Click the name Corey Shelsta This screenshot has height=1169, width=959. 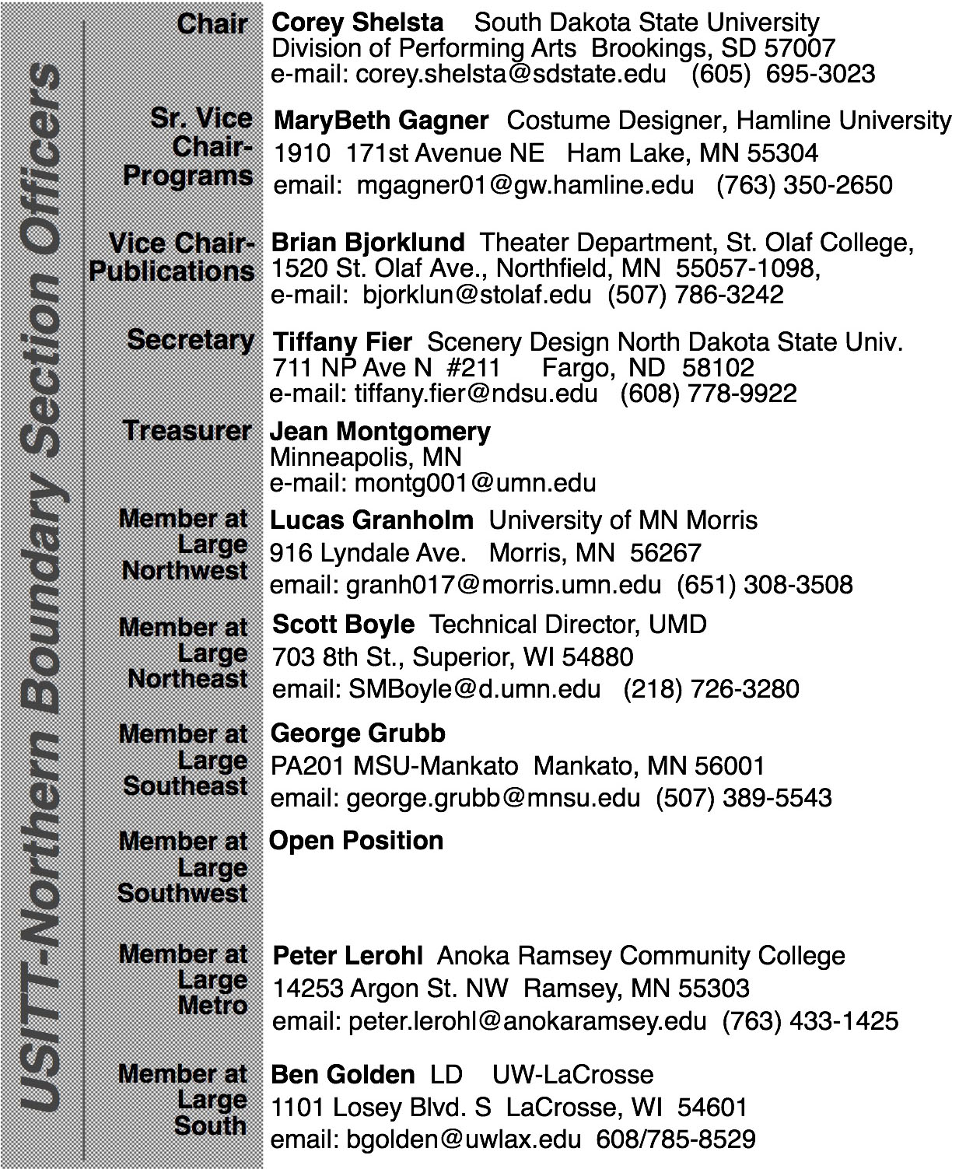358,23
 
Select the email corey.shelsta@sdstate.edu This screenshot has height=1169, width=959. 510,74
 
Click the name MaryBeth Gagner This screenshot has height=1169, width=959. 381,121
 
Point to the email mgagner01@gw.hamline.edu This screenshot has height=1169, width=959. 525,185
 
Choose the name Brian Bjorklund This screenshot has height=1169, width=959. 368,243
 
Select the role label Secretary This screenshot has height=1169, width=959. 191,339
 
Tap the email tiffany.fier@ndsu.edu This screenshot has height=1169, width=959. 476,394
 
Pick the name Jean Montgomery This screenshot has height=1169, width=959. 380,431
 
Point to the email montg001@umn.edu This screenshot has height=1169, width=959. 475,483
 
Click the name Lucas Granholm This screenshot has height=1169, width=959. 371,520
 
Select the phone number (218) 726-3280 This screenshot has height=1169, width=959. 711,689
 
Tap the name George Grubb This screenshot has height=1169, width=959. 358,733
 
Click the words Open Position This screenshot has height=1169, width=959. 356,840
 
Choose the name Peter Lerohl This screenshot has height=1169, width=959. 348,955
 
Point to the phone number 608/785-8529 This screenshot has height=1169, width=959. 675,1139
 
